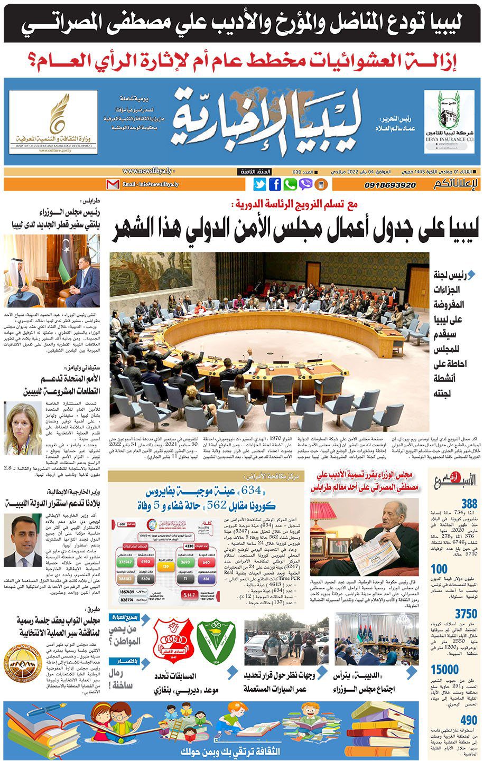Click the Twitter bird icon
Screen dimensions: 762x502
(259, 185)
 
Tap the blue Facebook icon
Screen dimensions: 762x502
(275, 185)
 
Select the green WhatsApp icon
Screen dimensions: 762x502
(290, 185)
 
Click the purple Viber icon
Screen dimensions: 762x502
(305, 185)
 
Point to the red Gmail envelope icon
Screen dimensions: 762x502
(113, 185)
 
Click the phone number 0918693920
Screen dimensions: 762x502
(390, 185)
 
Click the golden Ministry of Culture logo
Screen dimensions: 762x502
(53, 121)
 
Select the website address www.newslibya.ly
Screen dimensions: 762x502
(149, 172)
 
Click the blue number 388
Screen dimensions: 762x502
(469, 503)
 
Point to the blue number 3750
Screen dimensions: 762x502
(467, 614)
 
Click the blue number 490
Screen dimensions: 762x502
(469, 720)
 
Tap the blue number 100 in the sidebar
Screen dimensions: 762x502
(439, 570)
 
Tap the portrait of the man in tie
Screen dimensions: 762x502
(22, 540)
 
